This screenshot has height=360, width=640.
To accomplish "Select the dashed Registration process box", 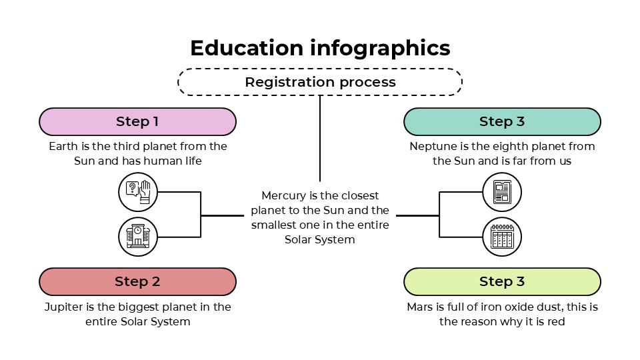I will [320, 82].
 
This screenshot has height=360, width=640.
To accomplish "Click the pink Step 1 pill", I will [137, 121].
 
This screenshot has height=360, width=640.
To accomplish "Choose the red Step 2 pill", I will [137, 281].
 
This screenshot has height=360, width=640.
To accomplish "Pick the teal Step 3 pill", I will [502, 121].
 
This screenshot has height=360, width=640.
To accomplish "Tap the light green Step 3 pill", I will [502, 281].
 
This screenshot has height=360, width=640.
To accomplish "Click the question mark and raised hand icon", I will [138, 192].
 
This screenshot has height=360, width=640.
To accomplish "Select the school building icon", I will [138, 237].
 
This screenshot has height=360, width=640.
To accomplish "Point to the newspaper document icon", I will [501, 192].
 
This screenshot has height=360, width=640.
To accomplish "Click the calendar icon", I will [501, 237].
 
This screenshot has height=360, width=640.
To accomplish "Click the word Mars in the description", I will [420, 307].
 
